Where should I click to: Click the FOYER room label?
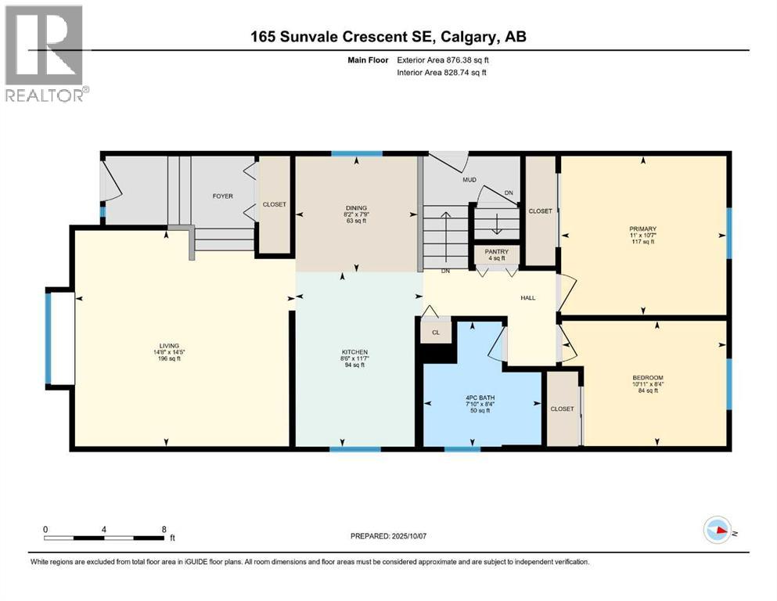[x=223, y=196]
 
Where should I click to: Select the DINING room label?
[x=355, y=208]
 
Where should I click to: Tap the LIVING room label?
[x=170, y=345]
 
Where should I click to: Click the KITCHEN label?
[x=354, y=352]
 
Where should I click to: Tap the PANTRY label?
[x=496, y=252]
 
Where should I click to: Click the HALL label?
[x=527, y=297]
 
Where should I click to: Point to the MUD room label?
[x=469, y=180]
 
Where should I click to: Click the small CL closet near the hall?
[x=437, y=332]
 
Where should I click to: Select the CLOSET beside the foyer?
[x=274, y=204]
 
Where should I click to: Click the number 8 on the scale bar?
[x=163, y=528]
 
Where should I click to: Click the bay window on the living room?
[x=60, y=337]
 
